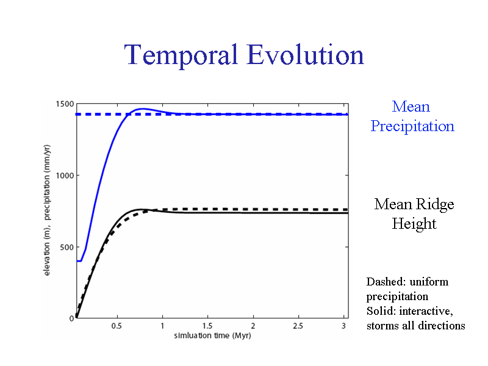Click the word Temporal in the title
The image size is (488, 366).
tap(181, 55)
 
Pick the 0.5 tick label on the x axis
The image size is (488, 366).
tap(117, 326)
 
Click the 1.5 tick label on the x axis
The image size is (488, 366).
tap(207, 326)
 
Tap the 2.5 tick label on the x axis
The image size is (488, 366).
tap(298, 326)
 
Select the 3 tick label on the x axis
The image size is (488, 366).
tap(344, 326)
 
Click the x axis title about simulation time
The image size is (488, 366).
tap(212, 335)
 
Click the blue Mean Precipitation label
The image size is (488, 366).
tap(412, 117)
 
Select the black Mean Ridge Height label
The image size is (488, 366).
tap(414, 213)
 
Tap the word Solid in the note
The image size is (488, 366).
tap(379, 311)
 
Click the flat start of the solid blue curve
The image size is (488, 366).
tap(79, 260)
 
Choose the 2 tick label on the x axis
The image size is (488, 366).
tap(253, 326)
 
